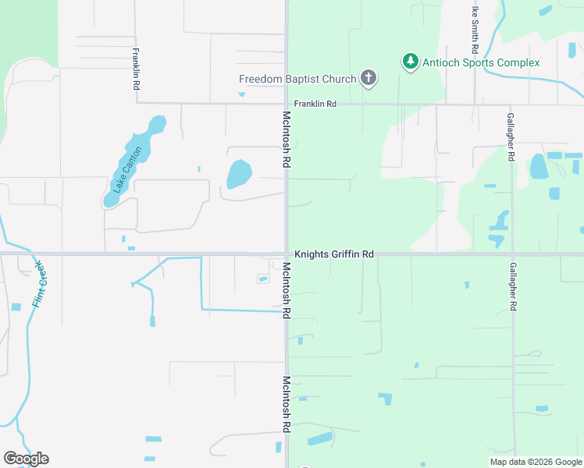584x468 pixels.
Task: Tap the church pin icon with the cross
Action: tap(369, 78)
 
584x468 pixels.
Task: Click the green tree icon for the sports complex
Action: tap(410, 62)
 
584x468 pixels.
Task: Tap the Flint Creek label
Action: tap(41, 282)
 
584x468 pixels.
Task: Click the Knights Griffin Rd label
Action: tap(334, 254)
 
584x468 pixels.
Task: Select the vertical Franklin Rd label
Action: tap(136, 70)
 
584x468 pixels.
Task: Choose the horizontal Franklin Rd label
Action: tap(315, 104)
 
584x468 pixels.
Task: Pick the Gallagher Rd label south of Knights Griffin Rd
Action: tap(512, 287)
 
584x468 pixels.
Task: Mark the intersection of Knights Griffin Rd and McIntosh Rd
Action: tap(287, 254)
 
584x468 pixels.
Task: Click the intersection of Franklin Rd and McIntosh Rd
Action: tap(287, 104)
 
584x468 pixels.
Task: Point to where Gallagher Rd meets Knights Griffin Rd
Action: tap(512, 254)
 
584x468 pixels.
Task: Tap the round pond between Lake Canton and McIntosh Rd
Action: tap(239, 174)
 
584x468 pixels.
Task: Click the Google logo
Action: tap(26, 459)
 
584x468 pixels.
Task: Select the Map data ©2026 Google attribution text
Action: tap(536, 462)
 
